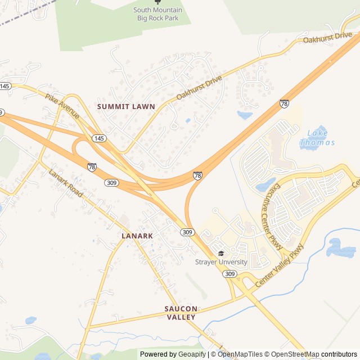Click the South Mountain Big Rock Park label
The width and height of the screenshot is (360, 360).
coord(157,14)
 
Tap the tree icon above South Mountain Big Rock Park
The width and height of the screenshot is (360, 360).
coord(157,2)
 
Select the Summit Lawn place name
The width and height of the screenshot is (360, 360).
coord(126,106)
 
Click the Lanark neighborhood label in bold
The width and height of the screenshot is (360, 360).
coord(137,236)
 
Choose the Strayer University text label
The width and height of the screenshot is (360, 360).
coord(221,262)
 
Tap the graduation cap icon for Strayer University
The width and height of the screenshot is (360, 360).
coord(221,254)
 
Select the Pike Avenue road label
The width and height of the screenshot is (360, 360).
coord(62,106)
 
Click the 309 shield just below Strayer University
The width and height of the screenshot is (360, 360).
coord(229,273)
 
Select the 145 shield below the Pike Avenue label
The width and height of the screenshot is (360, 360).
coord(98,138)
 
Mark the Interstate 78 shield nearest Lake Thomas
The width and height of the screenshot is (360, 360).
coord(285,104)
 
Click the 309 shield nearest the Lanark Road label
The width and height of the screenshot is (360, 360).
coord(111,183)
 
